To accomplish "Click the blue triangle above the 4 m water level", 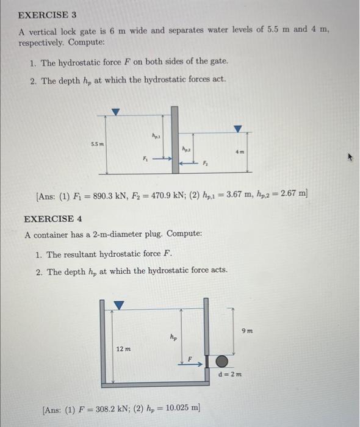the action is [238, 129].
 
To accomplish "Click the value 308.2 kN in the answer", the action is [112, 407].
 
